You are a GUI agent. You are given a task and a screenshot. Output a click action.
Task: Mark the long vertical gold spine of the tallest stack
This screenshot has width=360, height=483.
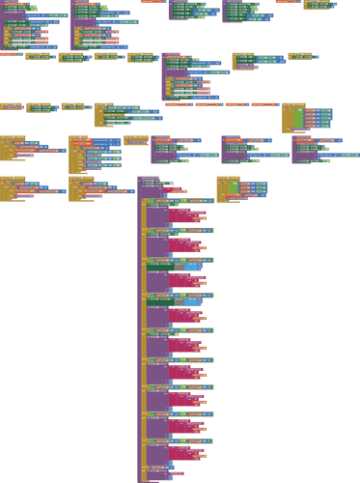[x=143, y=338]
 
